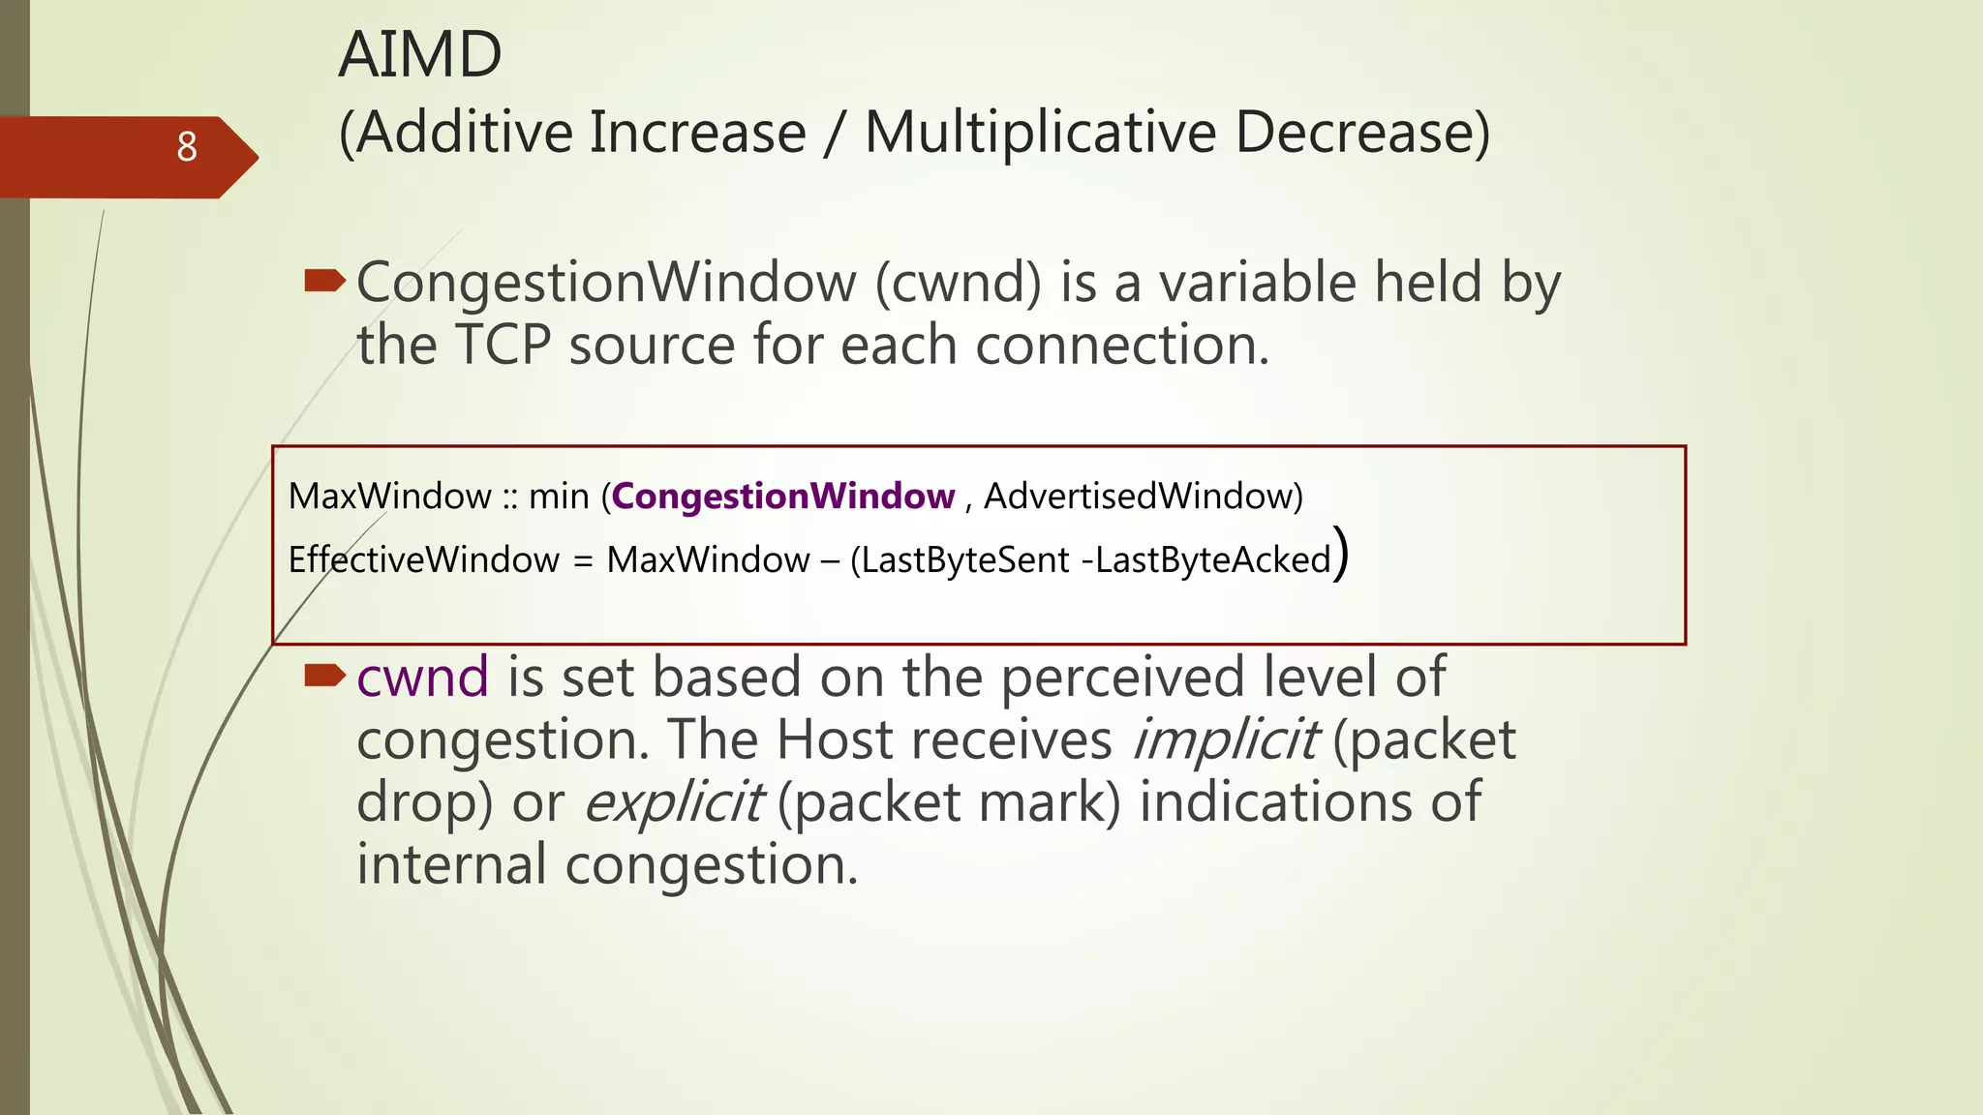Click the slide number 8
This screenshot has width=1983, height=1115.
tap(187, 147)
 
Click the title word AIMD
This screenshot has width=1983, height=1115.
tap(420, 54)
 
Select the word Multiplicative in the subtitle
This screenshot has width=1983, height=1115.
tap(1040, 133)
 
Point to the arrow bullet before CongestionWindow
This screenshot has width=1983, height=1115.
tap(324, 282)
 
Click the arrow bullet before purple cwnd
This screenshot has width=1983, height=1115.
tap(324, 676)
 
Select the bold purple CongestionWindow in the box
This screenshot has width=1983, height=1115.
tap(782, 496)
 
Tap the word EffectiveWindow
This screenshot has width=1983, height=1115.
tap(424, 559)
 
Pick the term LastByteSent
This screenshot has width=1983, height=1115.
tap(965, 559)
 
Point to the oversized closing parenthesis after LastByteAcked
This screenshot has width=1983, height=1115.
tap(1341, 554)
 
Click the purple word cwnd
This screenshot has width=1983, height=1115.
tap(422, 677)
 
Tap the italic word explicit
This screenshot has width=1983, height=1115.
tap(673, 802)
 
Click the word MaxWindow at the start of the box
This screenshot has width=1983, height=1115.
tap(390, 496)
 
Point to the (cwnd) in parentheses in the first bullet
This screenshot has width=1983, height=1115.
tap(959, 283)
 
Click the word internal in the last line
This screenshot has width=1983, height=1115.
tap(451, 864)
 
